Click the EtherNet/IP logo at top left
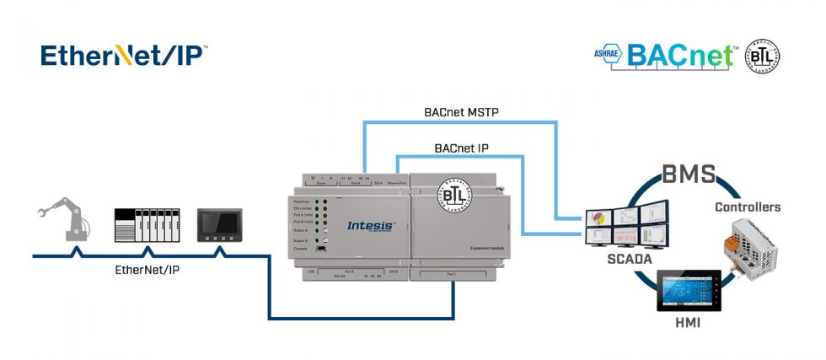123,56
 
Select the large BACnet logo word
681,56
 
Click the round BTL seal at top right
761,56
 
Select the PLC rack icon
147,225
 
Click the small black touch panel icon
220,226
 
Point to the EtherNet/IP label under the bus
147,271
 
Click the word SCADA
630,260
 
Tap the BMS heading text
688,175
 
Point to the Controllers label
748,207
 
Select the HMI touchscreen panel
689,291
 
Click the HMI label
687,323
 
